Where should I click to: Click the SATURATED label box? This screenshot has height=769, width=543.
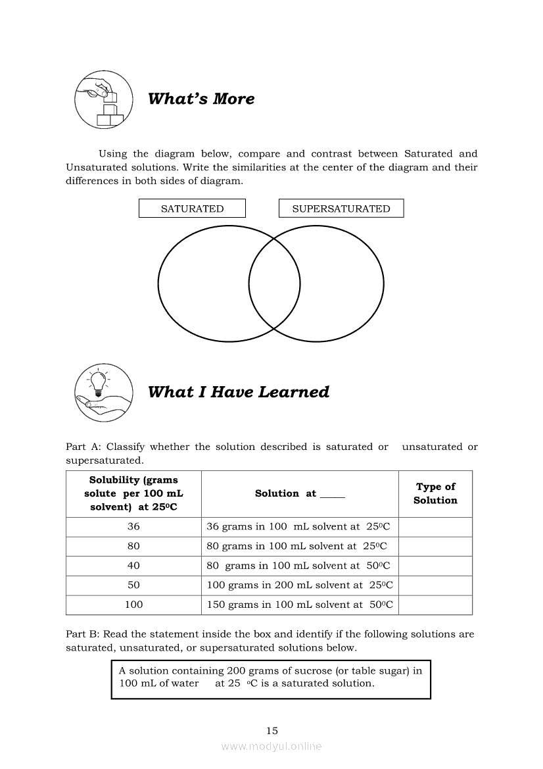[x=192, y=209]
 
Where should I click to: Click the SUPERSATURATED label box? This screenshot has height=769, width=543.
[x=341, y=209]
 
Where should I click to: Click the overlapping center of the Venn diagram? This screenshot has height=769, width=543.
[x=274, y=284]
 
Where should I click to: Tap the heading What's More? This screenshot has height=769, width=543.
[x=201, y=99]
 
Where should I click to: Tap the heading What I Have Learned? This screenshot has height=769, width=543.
[x=239, y=392]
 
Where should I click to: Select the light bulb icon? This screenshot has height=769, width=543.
[x=98, y=382]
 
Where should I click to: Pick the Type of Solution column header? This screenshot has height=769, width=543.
[x=435, y=493]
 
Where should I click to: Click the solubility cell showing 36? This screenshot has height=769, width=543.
[x=133, y=527]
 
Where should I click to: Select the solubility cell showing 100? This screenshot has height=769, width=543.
[x=133, y=605]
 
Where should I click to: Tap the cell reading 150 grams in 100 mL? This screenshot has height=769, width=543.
[x=300, y=605]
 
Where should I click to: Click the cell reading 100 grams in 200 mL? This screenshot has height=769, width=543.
[x=300, y=585]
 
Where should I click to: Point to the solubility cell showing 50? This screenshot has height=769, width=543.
[x=133, y=585]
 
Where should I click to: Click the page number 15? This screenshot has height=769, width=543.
[x=272, y=731]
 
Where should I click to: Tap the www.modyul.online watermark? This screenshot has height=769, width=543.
[x=271, y=747]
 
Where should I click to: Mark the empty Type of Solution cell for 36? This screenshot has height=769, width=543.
[x=435, y=527]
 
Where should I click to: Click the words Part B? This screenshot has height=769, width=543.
[x=82, y=635]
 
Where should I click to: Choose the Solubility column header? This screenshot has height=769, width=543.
[x=133, y=493]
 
